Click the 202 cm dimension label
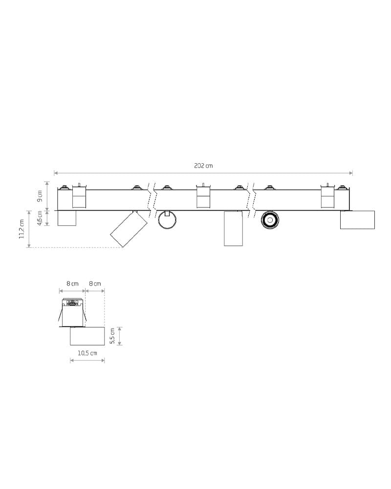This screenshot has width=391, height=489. (203, 166)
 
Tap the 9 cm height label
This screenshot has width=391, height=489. (40, 196)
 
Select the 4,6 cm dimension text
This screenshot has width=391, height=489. (40, 218)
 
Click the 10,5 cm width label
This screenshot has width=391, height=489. (87, 353)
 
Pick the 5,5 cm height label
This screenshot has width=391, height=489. (112, 336)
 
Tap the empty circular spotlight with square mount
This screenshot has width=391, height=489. (168, 220)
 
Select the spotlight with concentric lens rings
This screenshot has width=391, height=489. (270, 220)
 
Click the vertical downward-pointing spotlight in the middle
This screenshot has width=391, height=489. (233, 228)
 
